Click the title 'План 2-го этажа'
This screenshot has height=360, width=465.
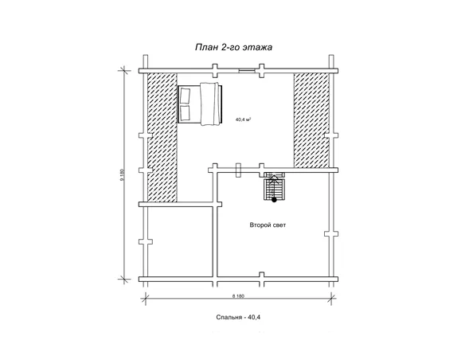click(233, 48)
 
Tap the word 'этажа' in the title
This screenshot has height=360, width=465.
click(257, 48)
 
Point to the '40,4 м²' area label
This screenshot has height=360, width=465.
click(244, 119)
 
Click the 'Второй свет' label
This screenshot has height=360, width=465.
click(268, 225)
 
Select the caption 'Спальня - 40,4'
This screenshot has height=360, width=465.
click(238, 317)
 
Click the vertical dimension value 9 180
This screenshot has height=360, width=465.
click(122, 175)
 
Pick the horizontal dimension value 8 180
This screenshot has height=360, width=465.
click(238, 296)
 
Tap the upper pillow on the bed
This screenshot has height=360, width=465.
click(185, 96)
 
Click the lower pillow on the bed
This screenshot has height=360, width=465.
click(185, 112)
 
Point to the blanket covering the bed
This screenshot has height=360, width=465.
click(209, 104)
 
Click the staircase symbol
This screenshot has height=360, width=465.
click(275, 187)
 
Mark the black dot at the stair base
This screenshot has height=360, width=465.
click(275, 200)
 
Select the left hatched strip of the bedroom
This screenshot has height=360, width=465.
click(162, 137)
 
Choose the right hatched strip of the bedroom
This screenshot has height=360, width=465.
click(311, 120)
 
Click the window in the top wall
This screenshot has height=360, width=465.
click(247, 70)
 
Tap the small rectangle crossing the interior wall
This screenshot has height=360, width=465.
click(238, 170)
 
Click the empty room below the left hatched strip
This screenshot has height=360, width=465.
click(180, 241)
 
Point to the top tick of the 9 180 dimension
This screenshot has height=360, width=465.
click(124, 71)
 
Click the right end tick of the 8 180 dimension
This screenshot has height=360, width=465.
click(331, 298)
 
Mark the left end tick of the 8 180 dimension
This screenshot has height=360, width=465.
click(145, 298)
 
